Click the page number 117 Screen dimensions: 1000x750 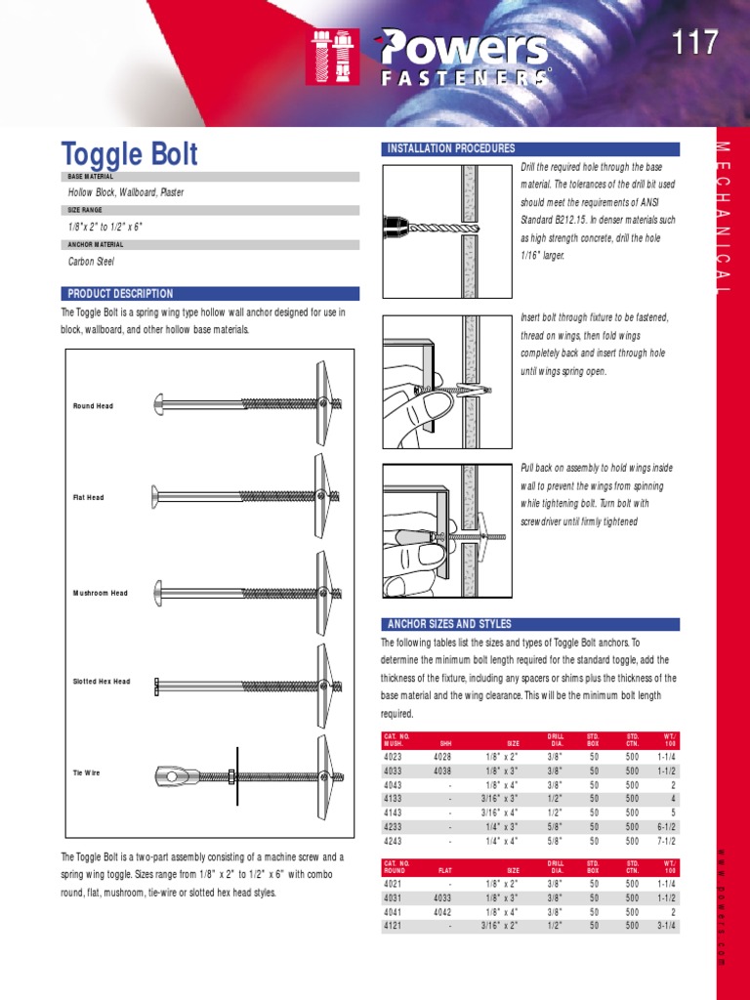(694, 43)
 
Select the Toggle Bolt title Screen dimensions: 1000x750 (130, 154)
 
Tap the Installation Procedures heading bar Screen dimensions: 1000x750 (530, 149)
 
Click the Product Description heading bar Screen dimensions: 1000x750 (210, 293)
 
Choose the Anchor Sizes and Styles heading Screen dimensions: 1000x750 (530, 624)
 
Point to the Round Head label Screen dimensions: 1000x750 (93, 405)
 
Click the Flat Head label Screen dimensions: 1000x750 (88, 497)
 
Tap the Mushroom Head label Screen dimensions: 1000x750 (101, 593)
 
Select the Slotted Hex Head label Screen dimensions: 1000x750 (102, 682)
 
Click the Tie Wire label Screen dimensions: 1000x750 (86, 772)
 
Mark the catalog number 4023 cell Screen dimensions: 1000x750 (395, 756)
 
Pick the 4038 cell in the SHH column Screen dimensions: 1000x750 (443, 770)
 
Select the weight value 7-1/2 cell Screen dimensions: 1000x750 (668, 841)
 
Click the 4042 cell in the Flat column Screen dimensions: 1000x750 (443, 911)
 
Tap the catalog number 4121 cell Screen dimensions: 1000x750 (395, 926)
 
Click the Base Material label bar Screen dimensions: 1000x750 (210, 177)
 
